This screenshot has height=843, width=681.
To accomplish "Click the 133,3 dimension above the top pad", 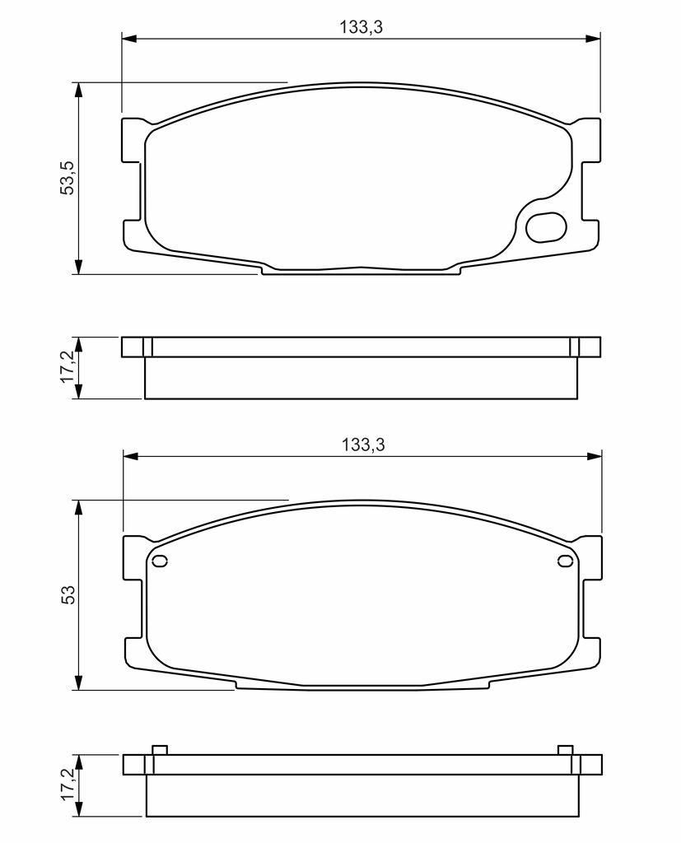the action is click(x=361, y=27).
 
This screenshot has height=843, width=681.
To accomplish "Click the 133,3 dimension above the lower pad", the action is click(x=363, y=445).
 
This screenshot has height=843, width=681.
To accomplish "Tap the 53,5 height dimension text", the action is click(x=68, y=178).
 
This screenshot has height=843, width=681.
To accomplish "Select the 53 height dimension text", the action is click(x=68, y=594).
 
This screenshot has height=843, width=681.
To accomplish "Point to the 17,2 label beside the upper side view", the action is click(x=68, y=367).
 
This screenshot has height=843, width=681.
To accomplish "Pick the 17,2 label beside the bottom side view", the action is click(x=68, y=785).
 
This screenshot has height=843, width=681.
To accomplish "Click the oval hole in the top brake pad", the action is click(x=546, y=227).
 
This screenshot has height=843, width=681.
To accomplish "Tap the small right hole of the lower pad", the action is click(x=565, y=561).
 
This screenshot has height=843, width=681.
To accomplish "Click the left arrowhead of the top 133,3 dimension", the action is click(x=129, y=39).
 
